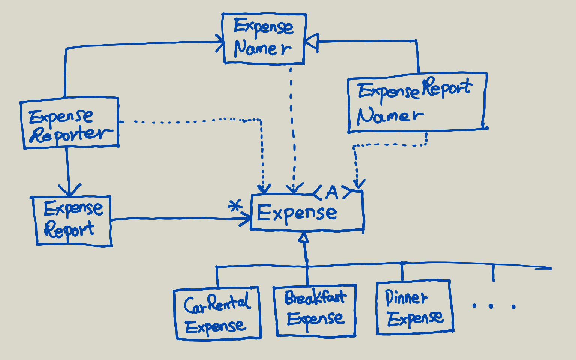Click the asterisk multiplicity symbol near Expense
(x=235, y=206)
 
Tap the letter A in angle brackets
(x=332, y=193)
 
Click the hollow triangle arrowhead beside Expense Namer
(x=312, y=42)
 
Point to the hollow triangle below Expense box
(x=304, y=237)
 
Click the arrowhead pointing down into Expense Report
(x=69, y=190)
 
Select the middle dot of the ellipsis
(x=491, y=306)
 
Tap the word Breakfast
(x=315, y=297)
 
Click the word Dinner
(x=406, y=298)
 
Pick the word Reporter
(x=71, y=135)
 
